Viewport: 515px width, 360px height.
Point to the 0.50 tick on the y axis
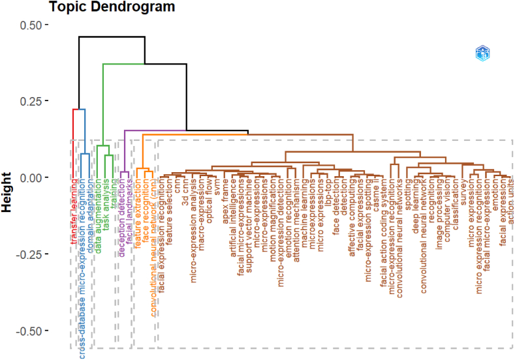pyautogui.click(x=29, y=25)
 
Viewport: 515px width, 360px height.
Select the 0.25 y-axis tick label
pyautogui.click(x=29, y=101)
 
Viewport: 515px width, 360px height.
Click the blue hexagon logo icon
pyautogui.click(x=482, y=55)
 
